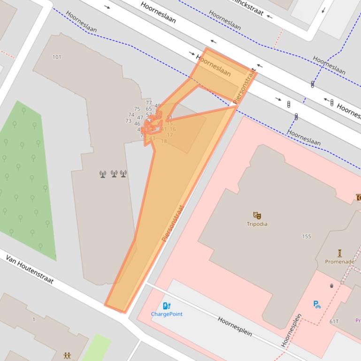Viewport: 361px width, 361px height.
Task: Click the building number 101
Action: coord(57,57)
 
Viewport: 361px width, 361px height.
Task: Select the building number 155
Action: coord(307,236)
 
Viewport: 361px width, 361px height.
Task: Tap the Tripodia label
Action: coord(257,224)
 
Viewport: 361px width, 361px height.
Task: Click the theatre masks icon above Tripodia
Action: coord(257,216)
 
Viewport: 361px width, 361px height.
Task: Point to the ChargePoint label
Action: coord(167,314)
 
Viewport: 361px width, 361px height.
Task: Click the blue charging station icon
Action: coord(166,306)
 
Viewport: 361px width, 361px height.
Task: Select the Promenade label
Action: coord(339,262)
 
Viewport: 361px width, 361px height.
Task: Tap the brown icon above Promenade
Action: coord(340,253)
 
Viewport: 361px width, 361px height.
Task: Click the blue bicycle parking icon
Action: coord(317,304)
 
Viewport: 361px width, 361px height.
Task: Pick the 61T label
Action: coord(334,321)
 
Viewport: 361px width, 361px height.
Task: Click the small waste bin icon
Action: coord(332,285)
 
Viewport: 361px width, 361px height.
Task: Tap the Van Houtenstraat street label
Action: coord(30,270)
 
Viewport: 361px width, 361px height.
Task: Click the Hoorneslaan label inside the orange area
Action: coord(214,66)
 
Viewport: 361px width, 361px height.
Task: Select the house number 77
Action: coord(149,103)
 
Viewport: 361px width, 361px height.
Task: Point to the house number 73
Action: coord(128,121)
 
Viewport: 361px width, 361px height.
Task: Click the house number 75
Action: coord(137,109)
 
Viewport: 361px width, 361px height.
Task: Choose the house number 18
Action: coord(164,141)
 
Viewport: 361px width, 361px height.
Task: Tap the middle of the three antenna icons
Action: coord(114,174)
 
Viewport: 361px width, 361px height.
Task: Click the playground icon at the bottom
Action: coord(67,356)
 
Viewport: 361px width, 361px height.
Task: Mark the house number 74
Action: coord(131,114)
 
